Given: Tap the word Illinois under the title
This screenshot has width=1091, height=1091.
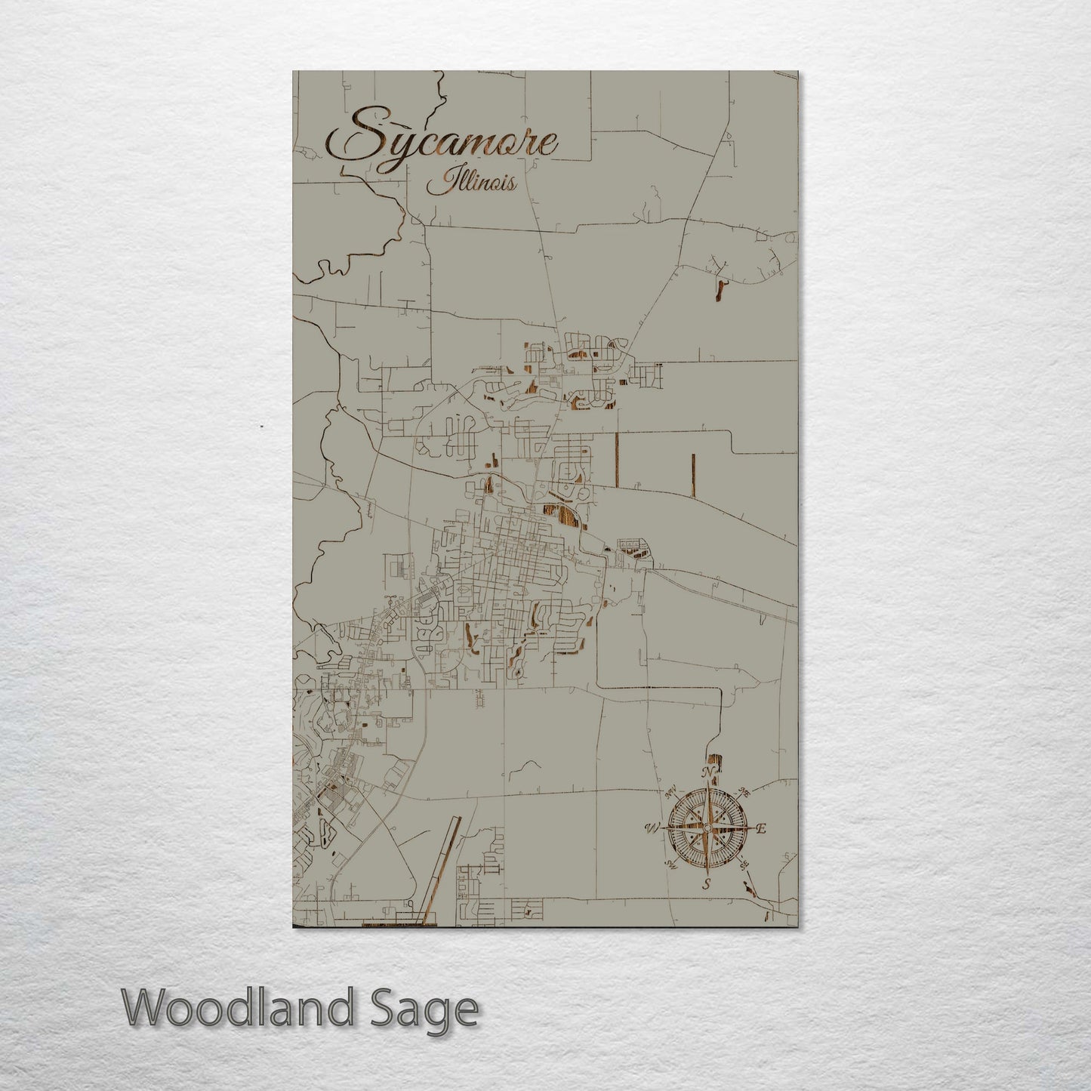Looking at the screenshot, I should [x=471, y=183].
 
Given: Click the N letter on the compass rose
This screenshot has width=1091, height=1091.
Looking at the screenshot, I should [x=707, y=772].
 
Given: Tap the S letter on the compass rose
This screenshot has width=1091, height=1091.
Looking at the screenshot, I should [x=707, y=884].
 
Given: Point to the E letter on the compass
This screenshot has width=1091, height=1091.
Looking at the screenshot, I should [x=762, y=829].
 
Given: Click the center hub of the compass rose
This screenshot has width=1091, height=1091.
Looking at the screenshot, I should [x=707, y=828].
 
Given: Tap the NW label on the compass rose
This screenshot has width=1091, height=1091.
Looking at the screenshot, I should [x=670, y=793].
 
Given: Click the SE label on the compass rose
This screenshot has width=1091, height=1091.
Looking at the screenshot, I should [x=743, y=864].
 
